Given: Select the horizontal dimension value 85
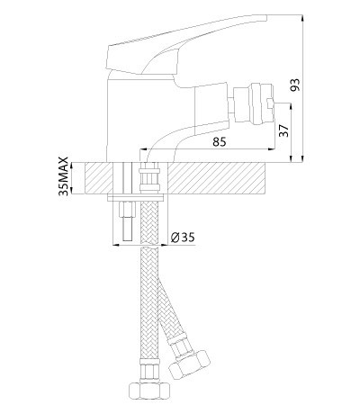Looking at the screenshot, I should (220, 141).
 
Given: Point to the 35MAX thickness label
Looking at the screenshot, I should (64, 177).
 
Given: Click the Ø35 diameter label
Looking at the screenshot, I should (184, 239).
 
